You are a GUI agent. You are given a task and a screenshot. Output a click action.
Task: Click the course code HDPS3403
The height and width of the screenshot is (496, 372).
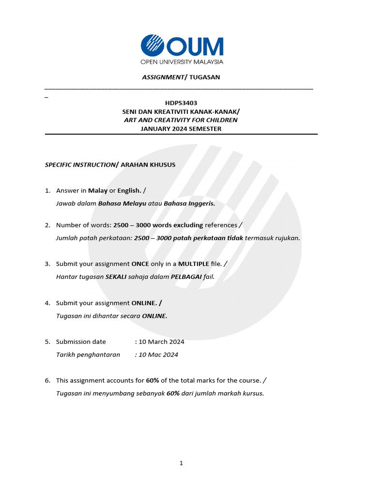click(181, 103)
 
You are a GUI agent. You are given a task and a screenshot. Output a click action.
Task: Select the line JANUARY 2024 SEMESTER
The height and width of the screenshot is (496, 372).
click(181, 128)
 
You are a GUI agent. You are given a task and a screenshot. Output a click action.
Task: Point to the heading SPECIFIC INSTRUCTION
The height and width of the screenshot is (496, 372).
click(79, 165)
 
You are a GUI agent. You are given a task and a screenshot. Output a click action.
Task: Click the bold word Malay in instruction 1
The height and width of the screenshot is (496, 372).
click(98, 190)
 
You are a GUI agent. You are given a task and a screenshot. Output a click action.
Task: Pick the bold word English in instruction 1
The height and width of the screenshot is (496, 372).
click(129, 190)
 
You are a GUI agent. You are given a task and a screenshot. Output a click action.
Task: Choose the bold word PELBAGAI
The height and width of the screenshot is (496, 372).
click(186, 277)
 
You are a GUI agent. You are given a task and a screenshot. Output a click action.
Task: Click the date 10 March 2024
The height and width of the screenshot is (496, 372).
click(161, 341)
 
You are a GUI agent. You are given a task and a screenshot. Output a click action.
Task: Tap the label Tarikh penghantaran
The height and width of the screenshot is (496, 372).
click(88, 355)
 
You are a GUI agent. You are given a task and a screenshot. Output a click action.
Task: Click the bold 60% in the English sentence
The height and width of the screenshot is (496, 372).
click(153, 380)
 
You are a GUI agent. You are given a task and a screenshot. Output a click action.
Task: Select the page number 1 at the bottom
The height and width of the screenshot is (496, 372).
click(181, 463)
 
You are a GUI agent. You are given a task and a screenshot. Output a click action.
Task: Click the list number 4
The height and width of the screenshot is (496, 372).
click(47, 303)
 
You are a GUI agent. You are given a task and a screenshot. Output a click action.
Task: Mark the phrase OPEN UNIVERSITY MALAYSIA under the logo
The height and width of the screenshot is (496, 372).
click(182, 62)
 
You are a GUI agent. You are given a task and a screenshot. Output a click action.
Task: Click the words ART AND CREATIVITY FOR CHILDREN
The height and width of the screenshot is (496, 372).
click(181, 120)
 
